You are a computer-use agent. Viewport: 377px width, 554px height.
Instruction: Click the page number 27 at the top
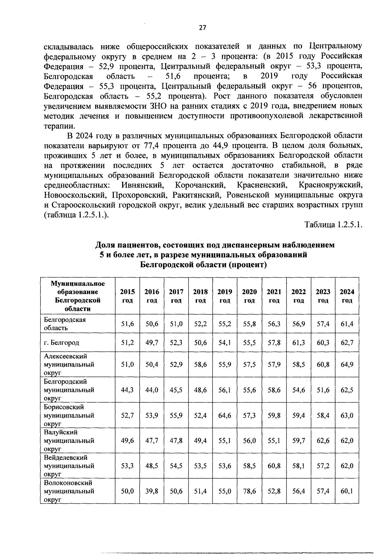point(203,28)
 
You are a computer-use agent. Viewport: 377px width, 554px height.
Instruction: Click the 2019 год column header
point(225,296)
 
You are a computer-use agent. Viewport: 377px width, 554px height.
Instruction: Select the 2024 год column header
point(347,296)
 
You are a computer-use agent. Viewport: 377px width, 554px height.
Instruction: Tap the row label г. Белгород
point(62,342)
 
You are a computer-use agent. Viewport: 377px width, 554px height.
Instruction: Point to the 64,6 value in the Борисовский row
point(225,415)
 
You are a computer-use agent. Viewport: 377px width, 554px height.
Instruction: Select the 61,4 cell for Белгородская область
point(347,324)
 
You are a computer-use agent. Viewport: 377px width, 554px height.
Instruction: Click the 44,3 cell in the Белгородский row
point(128,390)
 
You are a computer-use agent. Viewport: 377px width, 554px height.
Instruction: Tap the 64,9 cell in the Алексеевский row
point(347,365)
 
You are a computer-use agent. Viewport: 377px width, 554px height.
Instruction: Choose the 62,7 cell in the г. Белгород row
point(347,342)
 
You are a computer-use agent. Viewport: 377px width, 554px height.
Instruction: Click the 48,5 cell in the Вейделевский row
point(152,466)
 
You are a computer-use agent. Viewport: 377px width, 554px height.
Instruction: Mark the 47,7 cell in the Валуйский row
point(152,441)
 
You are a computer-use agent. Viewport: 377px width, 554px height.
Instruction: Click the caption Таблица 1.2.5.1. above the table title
point(333,225)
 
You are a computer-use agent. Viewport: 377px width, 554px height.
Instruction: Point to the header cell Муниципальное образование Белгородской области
point(78,296)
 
